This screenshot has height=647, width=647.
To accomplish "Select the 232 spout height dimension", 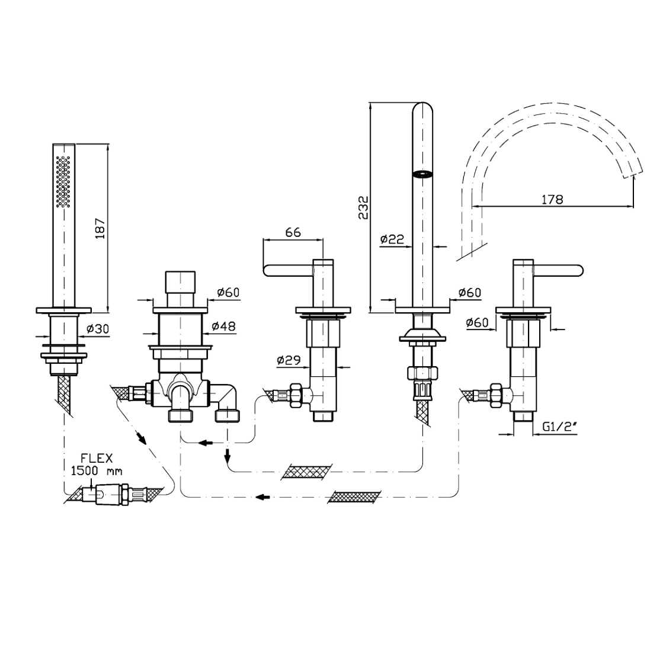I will (364, 207).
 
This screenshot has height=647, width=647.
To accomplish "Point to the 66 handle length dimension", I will (293, 232).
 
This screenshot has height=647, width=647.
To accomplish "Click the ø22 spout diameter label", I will (392, 239).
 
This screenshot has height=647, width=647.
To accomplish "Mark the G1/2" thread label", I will (559, 426).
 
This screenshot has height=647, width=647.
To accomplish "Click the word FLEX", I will (97, 459).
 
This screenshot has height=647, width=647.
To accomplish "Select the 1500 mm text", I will (97, 471).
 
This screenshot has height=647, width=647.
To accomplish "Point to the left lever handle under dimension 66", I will (288, 271).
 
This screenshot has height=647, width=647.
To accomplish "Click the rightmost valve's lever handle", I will (560, 271).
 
